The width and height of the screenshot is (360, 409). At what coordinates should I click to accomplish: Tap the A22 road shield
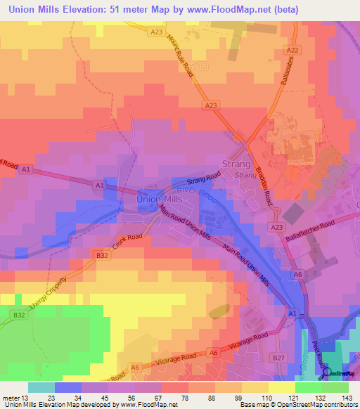point(294,51)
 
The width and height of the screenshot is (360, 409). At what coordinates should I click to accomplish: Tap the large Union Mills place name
point(159,200)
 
